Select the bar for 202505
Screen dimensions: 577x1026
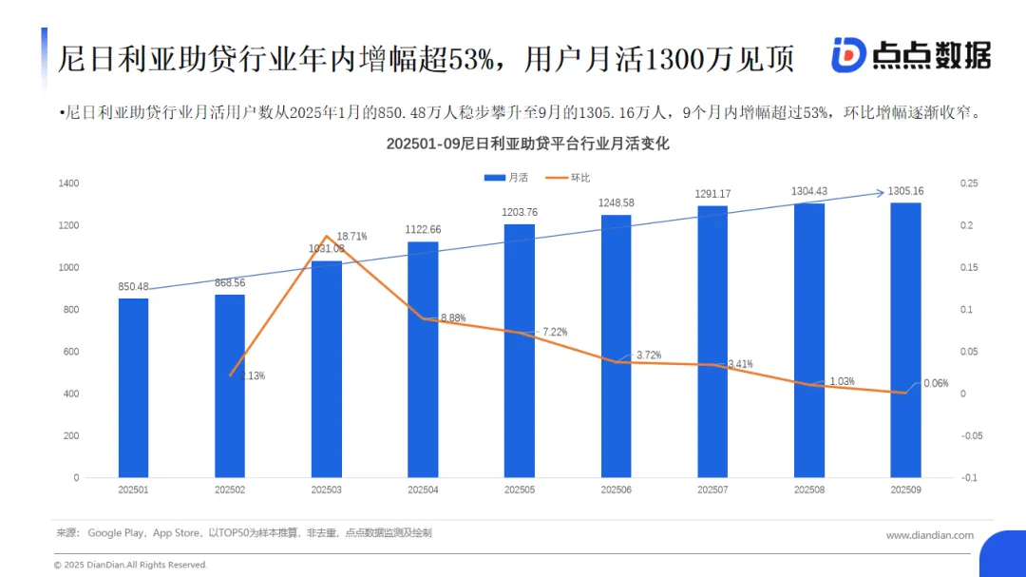pyautogui.click(x=520, y=351)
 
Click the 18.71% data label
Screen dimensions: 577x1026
pyautogui.click(x=351, y=236)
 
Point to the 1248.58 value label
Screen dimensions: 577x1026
pyautogui.click(x=617, y=202)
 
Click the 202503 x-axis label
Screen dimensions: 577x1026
pyautogui.click(x=327, y=490)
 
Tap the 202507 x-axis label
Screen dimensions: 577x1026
pyautogui.click(x=712, y=490)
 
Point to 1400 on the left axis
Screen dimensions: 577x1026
pyautogui.click(x=68, y=183)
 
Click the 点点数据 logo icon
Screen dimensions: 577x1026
pyautogui.click(x=847, y=55)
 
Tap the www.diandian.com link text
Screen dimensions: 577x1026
pyautogui.click(x=929, y=535)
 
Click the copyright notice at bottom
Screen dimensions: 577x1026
pyautogui.click(x=130, y=565)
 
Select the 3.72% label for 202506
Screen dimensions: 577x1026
pyautogui.click(x=649, y=355)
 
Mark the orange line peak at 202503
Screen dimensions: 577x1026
pyautogui.click(x=327, y=236)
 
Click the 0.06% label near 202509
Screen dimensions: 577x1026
pyautogui.click(x=936, y=383)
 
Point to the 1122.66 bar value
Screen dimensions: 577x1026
pyautogui.click(x=424, y=229)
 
